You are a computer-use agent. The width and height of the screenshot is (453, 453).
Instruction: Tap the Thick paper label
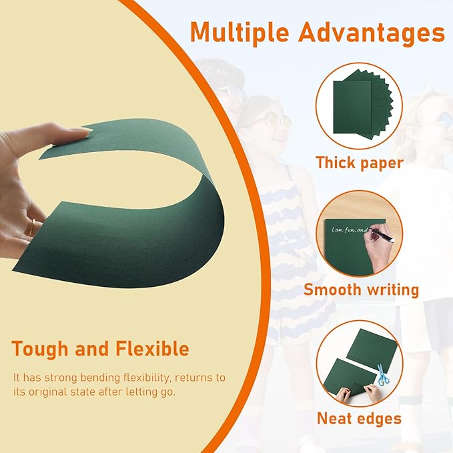click(360, 163)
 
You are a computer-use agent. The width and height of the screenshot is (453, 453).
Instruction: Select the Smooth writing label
click(361, 290)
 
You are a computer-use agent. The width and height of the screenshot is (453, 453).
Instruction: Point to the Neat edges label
click(359, 418)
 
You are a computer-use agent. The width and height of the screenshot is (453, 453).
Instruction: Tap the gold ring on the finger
click(30, 228)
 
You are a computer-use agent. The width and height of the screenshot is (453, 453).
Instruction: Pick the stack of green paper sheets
click(360, 107)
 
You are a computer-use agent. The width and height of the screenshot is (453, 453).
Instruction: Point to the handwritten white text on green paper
click(348, 230)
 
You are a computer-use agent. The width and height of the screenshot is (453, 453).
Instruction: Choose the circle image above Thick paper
click(360, 106)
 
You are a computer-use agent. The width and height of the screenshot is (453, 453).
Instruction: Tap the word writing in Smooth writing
click(392, 290)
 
